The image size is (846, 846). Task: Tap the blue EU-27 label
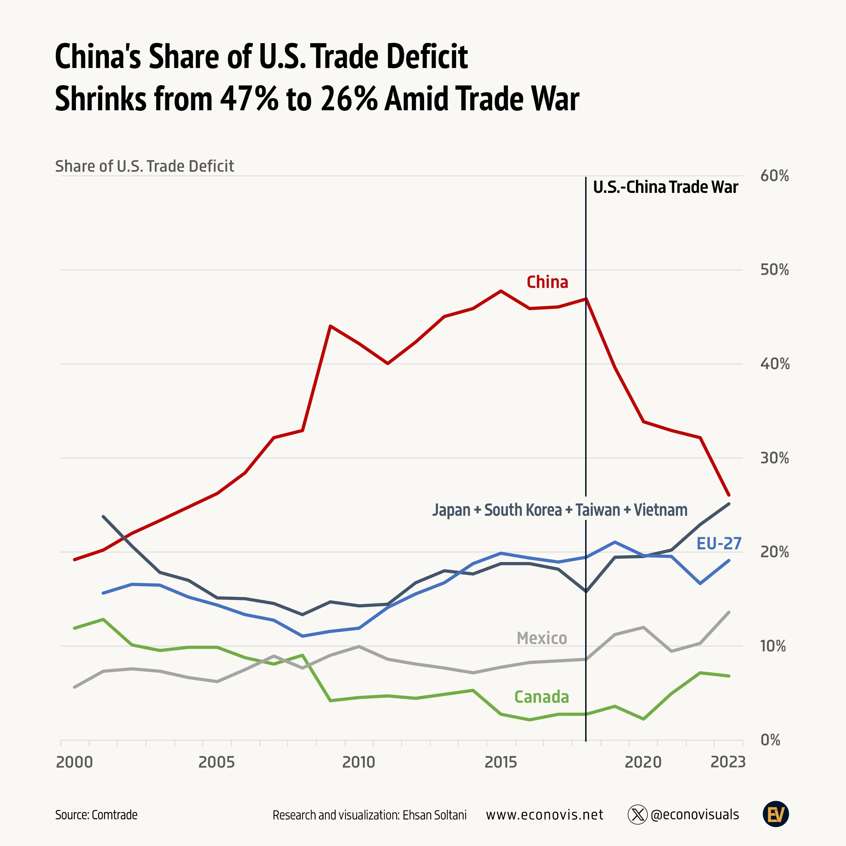point(719,543)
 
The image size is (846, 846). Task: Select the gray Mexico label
point(542,638)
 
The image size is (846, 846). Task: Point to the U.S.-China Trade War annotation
point(665,187)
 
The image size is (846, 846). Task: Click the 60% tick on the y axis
point(774,176)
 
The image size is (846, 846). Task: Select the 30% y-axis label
point(774,458)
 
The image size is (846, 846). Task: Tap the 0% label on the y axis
point(770,740)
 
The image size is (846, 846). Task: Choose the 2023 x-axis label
point(727,762)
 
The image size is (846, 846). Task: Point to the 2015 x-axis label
point(501,762)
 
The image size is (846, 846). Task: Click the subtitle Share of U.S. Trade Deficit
point(144,166)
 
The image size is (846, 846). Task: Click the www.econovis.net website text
point(544,815)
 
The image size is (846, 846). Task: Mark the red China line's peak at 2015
point(501,291)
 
